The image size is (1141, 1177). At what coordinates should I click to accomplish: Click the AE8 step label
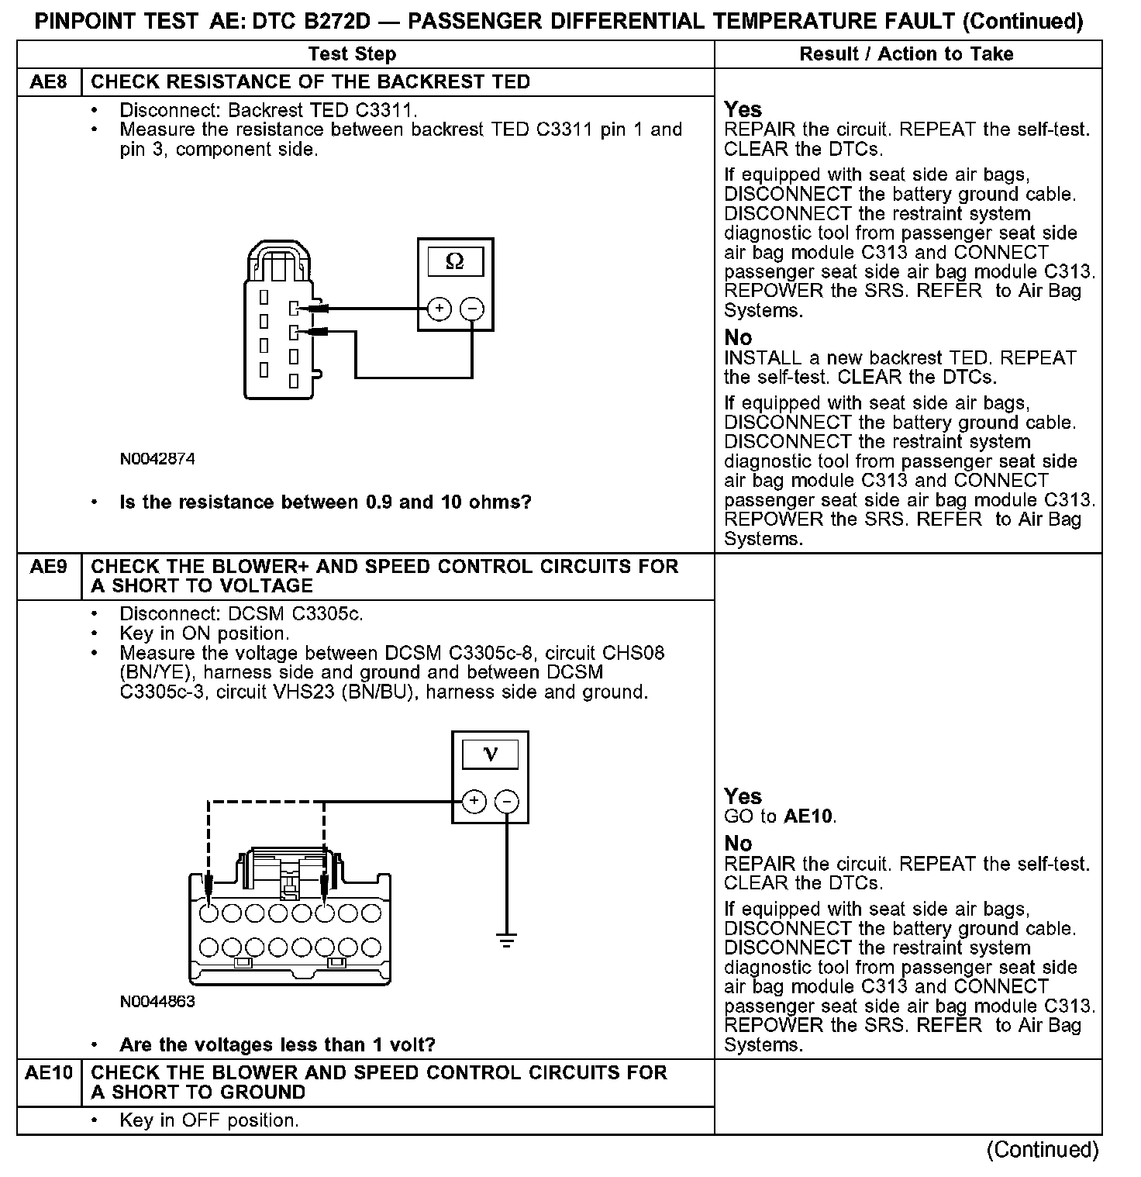click(x=48, y=82)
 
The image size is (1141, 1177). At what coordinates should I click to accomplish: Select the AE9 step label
click(x=48, y=567)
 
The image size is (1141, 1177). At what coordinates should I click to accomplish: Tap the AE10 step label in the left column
click(x=48, y=1073)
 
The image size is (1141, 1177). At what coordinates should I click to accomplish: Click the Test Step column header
click(x=352, y=54)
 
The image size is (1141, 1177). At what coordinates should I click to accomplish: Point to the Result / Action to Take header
click(x=906, y=54)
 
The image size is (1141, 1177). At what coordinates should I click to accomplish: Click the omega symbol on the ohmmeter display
click(x=455, y=262)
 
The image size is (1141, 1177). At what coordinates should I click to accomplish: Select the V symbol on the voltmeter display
click(x=490, y=754)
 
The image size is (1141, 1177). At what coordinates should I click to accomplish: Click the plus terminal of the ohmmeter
click(x=440, y=309)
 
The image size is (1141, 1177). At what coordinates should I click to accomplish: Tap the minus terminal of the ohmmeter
click(x=472, y=309)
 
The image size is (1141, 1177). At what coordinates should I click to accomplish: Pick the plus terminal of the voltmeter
click(x=474, y=802)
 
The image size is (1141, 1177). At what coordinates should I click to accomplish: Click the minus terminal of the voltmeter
click(x=506, y=802)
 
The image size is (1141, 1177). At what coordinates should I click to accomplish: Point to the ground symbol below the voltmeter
click(x=506, y=941)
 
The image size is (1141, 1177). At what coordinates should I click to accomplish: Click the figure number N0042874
click(x=157, y=459)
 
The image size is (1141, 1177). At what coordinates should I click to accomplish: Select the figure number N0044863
click(x=157, y=1002)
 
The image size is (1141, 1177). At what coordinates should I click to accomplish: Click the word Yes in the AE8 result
click(x=743, y=109)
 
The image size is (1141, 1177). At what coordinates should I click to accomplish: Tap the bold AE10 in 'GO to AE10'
click(x=809, y=816)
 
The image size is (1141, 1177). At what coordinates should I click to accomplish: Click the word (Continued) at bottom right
click(x=1043, y=1150)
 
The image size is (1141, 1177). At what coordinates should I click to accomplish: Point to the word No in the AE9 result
click(x=738, y=844)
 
